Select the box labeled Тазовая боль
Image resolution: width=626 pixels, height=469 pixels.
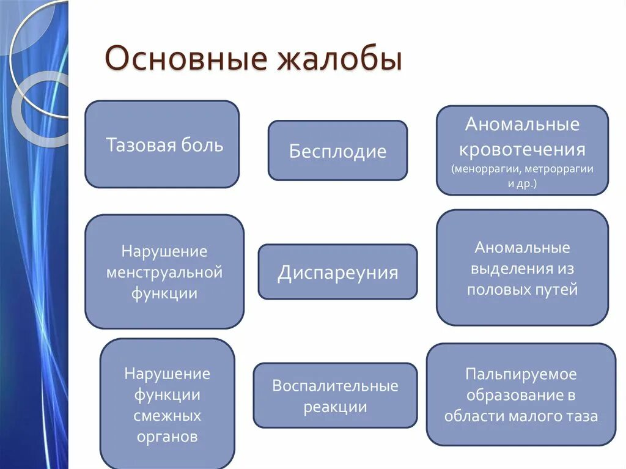[162, 144]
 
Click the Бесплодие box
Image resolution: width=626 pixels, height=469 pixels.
[337, 151]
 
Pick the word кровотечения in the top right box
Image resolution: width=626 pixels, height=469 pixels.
[522, 149]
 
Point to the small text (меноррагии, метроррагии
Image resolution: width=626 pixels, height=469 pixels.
[522, 169]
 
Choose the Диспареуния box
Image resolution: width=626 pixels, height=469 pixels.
[337, 272]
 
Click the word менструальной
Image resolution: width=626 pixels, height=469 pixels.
[164, 272]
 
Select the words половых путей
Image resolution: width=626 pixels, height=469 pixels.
[522, 289]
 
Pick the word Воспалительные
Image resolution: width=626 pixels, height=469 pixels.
[335, 386]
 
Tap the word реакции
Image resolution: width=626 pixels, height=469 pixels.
[335, 407]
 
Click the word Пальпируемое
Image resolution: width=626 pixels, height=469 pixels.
[521, 374]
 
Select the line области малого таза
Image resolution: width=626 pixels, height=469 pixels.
[521, 416]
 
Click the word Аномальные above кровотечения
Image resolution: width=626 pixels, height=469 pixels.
[522, 125]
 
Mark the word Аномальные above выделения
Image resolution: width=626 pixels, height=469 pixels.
[522, 248]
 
